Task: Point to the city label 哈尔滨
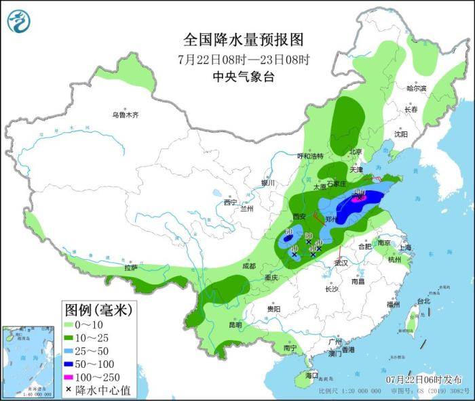[x=416, y=89]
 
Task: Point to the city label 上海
[x=405, y=248]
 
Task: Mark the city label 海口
[x=311, y=375]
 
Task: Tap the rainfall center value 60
[x=288, y=232]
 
